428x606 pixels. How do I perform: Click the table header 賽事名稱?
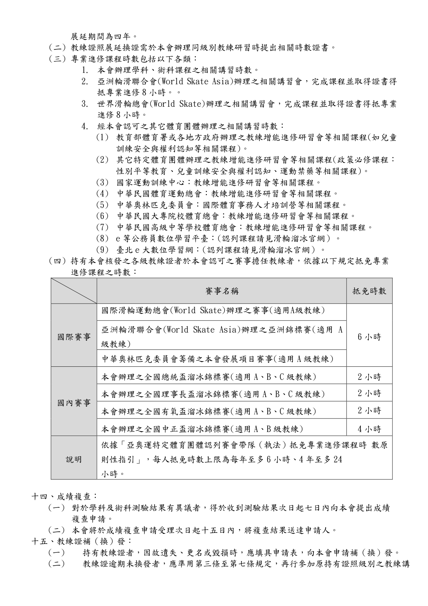[222, 291]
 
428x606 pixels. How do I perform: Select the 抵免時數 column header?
[369, 291]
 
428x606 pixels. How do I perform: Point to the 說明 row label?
[74, 459]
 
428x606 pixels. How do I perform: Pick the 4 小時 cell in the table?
[369, 429]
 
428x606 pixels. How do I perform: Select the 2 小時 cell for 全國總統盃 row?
[369, 377]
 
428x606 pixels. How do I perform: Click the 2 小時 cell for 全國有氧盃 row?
[369, 411]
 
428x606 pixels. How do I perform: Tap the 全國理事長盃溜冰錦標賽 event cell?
[213, 394]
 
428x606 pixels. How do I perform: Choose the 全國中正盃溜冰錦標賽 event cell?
[202, 429]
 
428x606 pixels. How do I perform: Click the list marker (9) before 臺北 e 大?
[102, 249]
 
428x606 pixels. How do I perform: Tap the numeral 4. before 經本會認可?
[85, 126]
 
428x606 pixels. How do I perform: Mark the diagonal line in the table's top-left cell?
[74, 291]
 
